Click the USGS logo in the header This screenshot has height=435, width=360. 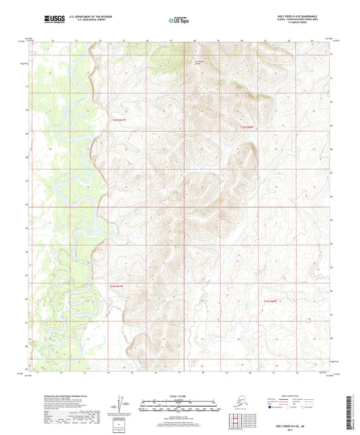(46, 20)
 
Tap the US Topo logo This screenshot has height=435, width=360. (178, 20)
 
